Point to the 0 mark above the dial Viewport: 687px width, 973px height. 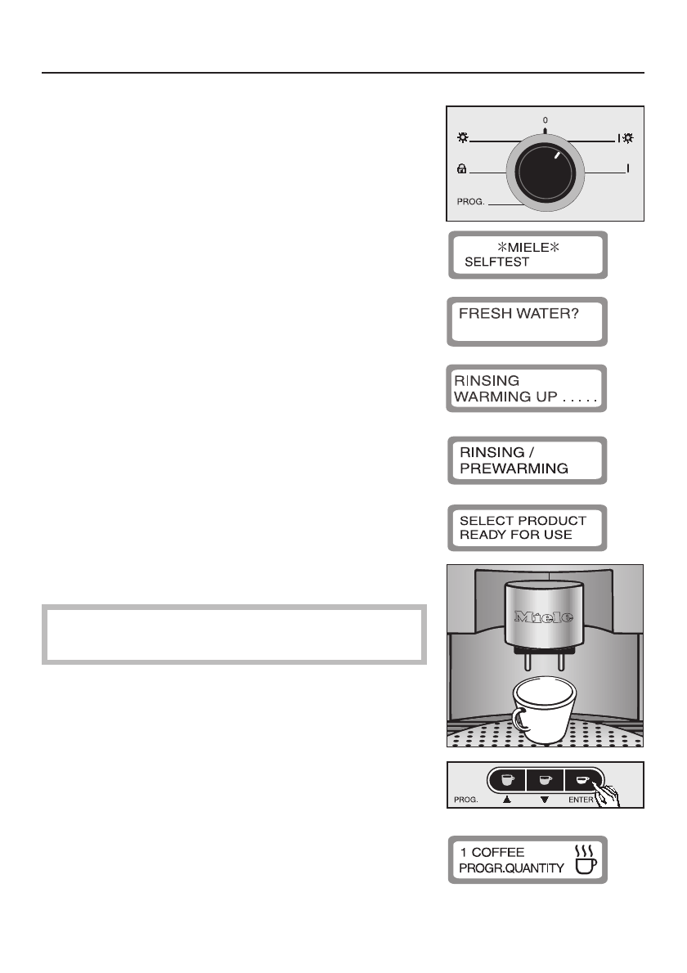(546, 120)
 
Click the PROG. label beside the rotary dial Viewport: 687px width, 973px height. (471, 201)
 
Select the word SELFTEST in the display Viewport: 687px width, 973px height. (496, 263)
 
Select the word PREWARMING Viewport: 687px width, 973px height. (512, 469)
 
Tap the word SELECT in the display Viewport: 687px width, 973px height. (485, 521)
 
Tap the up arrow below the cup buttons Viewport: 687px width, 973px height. (507, 801)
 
